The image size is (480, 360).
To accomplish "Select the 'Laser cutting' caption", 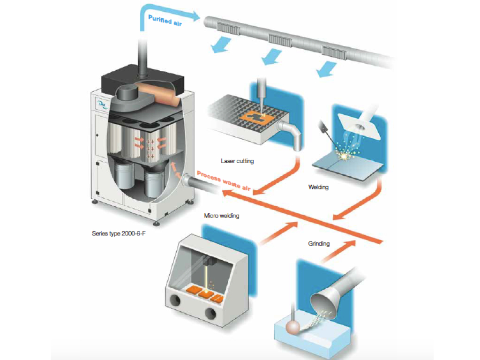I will pos(237,161).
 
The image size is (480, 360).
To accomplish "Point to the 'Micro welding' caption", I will pos(221,216).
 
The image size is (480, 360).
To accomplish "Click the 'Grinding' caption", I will pos(319,244).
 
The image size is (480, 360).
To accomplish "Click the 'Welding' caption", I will pos(318,187).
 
